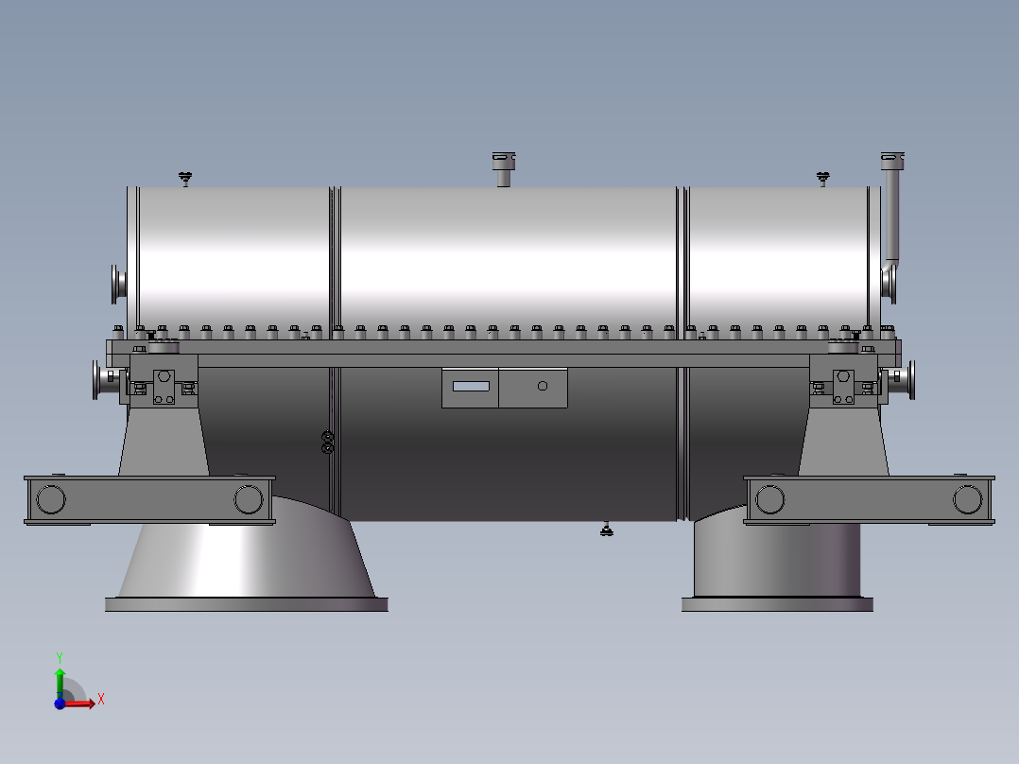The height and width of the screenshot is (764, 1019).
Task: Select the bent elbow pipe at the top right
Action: tap(891, 203)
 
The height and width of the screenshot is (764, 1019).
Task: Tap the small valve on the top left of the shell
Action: tap(185, 178)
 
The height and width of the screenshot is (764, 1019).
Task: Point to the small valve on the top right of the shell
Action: tap(823, 177)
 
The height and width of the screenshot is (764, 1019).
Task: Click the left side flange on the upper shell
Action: tap(118, 284)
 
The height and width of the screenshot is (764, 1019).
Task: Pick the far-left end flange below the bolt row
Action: tap(99, 380)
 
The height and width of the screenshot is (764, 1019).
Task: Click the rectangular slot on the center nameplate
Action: tap(471, 386)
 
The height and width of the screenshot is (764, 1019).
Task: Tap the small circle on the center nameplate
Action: tap(542, 385)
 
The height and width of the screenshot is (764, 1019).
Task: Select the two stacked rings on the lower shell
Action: tap(328, 442)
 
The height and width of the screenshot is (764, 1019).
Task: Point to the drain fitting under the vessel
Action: tap(607, 530)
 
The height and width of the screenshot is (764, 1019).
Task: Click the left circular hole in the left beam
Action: tap(50, 498)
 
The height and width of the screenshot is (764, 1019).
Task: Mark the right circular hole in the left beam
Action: tap(249, 498)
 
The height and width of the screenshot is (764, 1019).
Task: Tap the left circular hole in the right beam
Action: tap(770, 498)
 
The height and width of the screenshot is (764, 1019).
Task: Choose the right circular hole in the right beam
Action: tap(968, 498)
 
